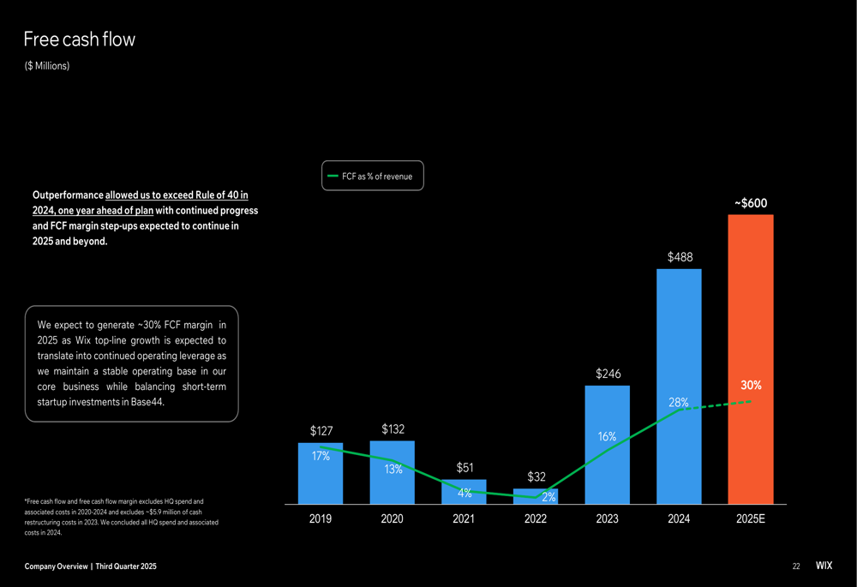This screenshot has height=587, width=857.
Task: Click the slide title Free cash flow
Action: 79,39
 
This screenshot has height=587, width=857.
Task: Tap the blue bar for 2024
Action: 679,343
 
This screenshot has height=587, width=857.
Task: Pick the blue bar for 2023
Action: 607,463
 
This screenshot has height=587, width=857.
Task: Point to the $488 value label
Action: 680,256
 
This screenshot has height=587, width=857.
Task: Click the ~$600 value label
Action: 751,203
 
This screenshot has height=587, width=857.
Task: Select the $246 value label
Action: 608,374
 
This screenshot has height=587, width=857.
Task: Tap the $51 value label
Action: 464,468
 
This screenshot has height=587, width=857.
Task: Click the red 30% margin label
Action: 751,386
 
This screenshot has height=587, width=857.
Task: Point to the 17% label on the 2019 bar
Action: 321,457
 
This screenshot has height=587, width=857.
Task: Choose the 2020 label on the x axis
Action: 393,519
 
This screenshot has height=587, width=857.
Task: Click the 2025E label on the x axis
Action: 751,519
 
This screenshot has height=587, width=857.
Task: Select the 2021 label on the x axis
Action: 464,519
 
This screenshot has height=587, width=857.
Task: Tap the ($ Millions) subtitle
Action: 47,66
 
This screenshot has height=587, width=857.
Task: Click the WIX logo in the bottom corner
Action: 823,566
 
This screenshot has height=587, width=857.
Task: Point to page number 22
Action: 796,566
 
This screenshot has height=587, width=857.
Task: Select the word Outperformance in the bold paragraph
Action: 68,195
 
